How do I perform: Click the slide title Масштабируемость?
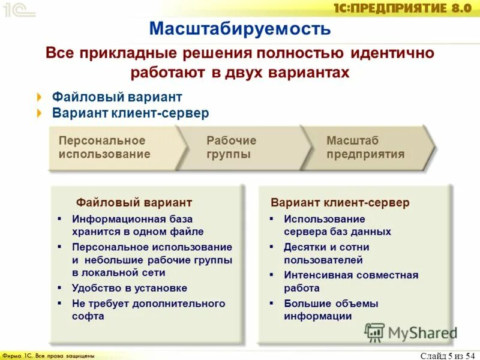tap(240, 28)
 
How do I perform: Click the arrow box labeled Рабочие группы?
tap(232, 148)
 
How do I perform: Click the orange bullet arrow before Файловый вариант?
tap(40, 97)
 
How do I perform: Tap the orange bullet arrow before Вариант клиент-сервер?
tap(40, 113)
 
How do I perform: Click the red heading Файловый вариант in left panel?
tap(134, 203)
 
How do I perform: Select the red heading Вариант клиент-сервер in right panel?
tap(340, 203)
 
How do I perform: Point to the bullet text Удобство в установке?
tap(129, 288)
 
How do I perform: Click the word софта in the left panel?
tap(88, 316)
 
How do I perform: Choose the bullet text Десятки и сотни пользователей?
tap(326, 254)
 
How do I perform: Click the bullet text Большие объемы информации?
tap(331, 310)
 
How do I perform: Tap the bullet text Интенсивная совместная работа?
tap(350, 282)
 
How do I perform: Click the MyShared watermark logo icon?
tap(374, 332)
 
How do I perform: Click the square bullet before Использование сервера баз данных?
tap(271, 220)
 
